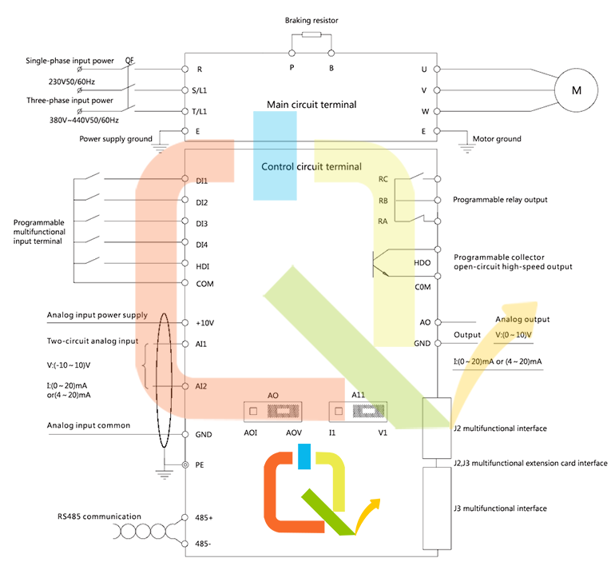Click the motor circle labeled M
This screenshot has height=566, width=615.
[x=575, y=90]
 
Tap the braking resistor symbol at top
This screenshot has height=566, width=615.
[x=311, y=35]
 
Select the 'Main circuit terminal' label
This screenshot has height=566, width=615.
[x=311, y=105]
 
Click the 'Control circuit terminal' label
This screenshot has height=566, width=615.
[x=311, y=167]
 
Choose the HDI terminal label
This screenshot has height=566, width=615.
[x=202, y=265]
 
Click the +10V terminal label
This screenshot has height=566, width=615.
[x=204, y=323]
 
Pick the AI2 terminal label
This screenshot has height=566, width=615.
[x=201, y=386]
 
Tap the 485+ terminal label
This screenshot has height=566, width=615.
[x=204, y=518]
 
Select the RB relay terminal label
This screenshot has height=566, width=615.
[x=383, y=200]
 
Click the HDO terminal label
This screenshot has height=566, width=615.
[x=423, y=263]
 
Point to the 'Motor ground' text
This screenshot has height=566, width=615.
[x=498, y=139]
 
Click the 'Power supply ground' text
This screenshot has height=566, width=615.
[x=116, y=139]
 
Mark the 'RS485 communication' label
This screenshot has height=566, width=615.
[x=99, y=516]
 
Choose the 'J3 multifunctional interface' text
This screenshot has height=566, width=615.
[x=499, y=508]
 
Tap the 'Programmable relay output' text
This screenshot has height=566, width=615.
[x=500, y=199]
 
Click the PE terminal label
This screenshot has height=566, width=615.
[x=201, y=464]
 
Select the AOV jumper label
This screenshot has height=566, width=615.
[x=294, y=432]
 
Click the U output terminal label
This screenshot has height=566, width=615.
[x=424, y=70]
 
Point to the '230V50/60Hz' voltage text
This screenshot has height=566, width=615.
[x=75, y=82]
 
